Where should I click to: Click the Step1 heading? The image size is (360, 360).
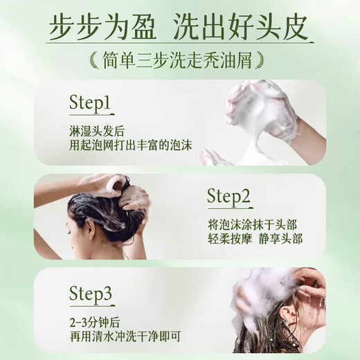[90, 103]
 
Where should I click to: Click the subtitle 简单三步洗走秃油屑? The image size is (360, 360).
[179, 60]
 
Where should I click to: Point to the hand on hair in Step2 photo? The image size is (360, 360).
[132, 198]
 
